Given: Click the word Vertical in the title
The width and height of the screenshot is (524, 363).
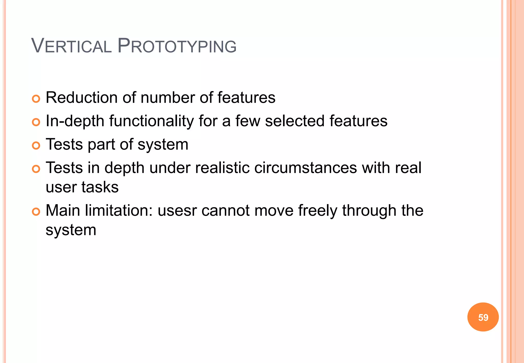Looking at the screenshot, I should click(71, 46).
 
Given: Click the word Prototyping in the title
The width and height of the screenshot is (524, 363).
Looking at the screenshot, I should click(177, 46).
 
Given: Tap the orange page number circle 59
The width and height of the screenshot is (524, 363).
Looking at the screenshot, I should click(483, 317).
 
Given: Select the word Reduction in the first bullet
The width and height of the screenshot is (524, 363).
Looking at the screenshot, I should click(82, 98).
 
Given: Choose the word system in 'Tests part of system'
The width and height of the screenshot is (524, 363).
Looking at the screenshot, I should click(163, 145).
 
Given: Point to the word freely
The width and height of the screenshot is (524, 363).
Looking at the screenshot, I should click(318, 211).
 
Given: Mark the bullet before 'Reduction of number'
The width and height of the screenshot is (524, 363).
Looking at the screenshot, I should click(36, 99).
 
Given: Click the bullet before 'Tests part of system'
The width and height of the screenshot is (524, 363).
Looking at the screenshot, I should click(36, 146).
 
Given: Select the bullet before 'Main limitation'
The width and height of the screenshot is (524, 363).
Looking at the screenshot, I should click(36, 212).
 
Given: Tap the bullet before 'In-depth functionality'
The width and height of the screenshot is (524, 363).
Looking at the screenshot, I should click(36, 122).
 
